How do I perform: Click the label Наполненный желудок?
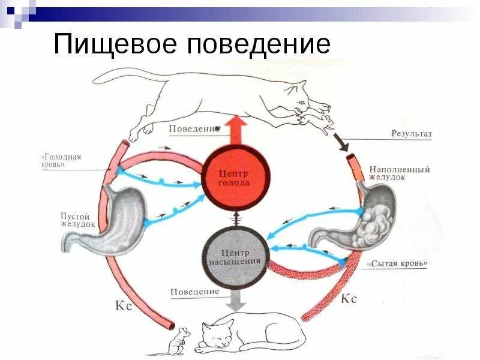[x=400, y=174]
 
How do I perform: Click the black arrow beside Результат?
[x=340, y=143]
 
